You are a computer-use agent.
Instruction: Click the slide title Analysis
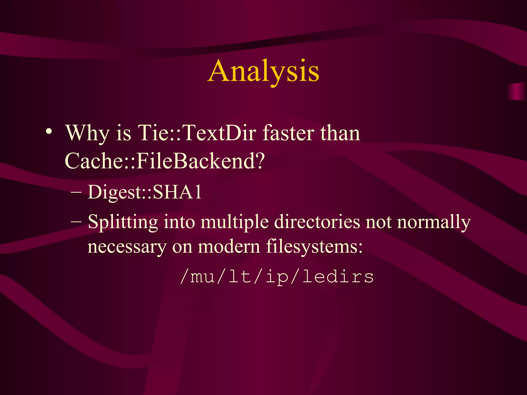click(264, 71)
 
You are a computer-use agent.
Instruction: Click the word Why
click(87, 133)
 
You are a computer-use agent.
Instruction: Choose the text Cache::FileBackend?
click(165, 160)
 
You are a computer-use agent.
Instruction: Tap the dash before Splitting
click(76, 222)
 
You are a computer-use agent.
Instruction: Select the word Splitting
click(123, 222)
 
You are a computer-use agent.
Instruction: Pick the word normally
click(434, 222)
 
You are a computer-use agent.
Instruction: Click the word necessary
click(127, 246)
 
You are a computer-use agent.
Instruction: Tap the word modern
click(229, 246)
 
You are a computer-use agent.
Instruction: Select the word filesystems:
click(314, 246)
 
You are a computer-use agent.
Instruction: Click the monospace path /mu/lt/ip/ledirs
click(277, 277)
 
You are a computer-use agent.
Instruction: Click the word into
click(179, 222)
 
